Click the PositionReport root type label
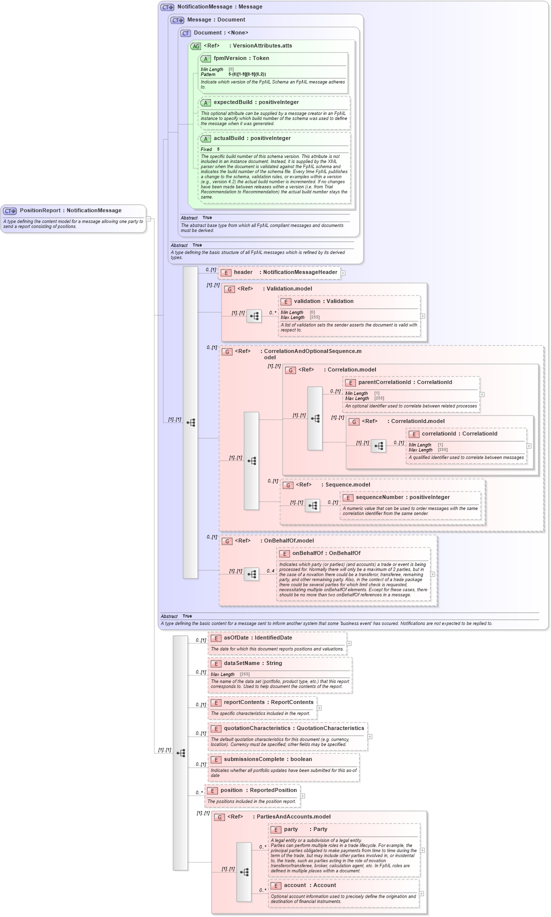point(70,210)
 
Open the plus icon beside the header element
point(343,273)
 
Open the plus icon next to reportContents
point(319,708)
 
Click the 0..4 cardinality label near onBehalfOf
point(270,571)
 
